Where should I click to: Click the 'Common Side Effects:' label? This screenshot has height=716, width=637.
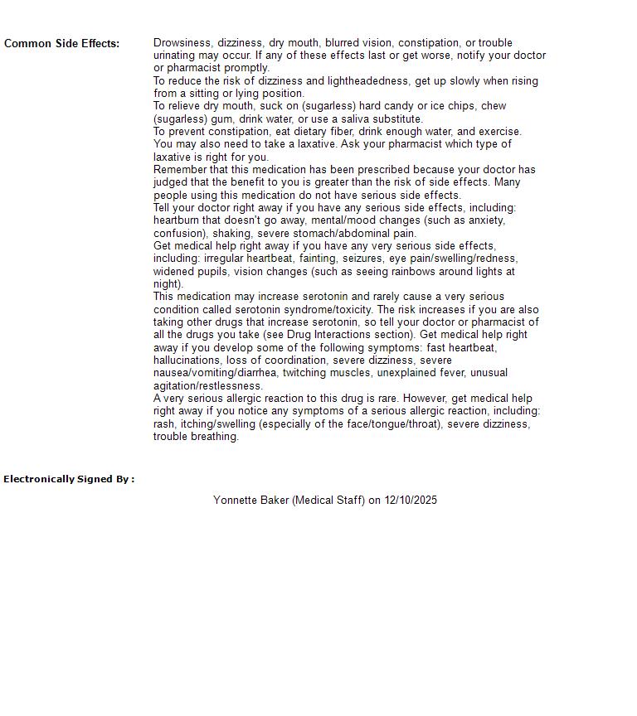(61, 43)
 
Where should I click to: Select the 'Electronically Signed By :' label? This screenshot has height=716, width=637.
(69, 479)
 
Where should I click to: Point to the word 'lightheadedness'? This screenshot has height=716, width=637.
(350, 80)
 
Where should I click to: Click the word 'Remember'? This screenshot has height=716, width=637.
(180, 169)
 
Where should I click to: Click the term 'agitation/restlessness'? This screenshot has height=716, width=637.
(208, 385)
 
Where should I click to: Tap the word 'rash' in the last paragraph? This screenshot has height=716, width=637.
(163, 423)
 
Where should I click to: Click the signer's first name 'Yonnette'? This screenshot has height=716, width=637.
(236, 500)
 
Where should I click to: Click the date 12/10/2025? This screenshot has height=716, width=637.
(411, 500)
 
